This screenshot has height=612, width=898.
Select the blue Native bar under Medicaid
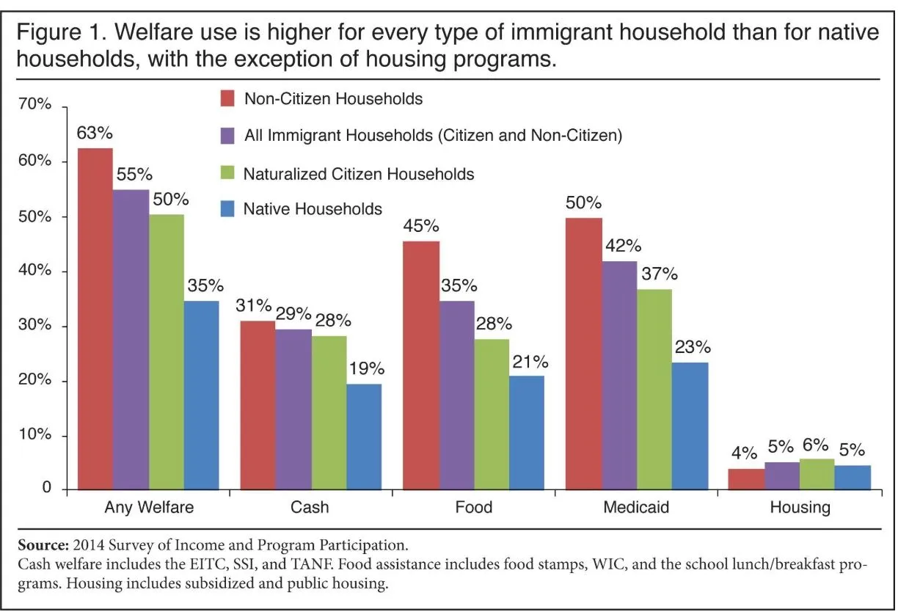point(690,426)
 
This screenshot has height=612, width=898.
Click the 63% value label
point(95,134)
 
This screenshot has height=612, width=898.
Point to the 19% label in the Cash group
point(367,368)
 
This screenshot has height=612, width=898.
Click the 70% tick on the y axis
point(34,106)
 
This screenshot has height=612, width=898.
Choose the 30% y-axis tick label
point(34,326)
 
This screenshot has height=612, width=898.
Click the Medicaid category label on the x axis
point(636,507)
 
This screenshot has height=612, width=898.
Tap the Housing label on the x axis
point(800,507)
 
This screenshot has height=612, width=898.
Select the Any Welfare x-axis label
point(148,507)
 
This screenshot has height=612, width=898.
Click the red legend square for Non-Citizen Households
point(227,98)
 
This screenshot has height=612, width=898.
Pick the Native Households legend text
point(313,209)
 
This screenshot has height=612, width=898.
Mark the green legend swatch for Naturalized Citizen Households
point(227,174)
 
